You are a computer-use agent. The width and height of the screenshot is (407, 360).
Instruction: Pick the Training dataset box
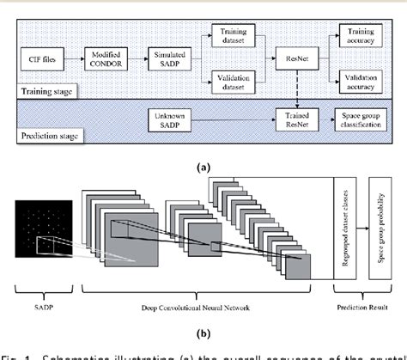tap(226, 33)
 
